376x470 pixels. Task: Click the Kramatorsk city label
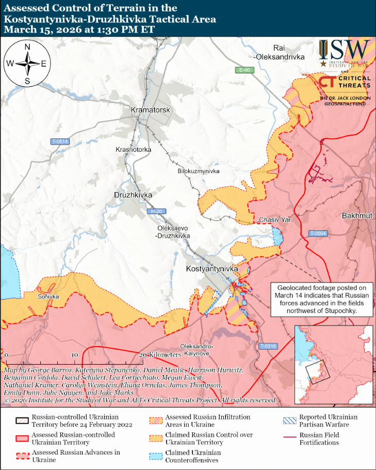click(x=150, y=110)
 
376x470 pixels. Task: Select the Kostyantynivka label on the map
click(x=211, y=269)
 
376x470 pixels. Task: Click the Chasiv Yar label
click(x=275, y=220)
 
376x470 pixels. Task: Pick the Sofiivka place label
click(x=48, y=297)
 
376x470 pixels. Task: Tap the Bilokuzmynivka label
click(x=199, y=171)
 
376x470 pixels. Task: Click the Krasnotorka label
click(x=134, y=150)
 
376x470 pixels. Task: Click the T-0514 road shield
click(x=60, y=142)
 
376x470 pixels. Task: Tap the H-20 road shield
click(x=154, y=211)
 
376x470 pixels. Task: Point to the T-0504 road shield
click(x=318, y=233)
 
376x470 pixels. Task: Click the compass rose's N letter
click(x=27, y=48)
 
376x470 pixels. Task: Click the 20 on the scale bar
click(x=144, y=355)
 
